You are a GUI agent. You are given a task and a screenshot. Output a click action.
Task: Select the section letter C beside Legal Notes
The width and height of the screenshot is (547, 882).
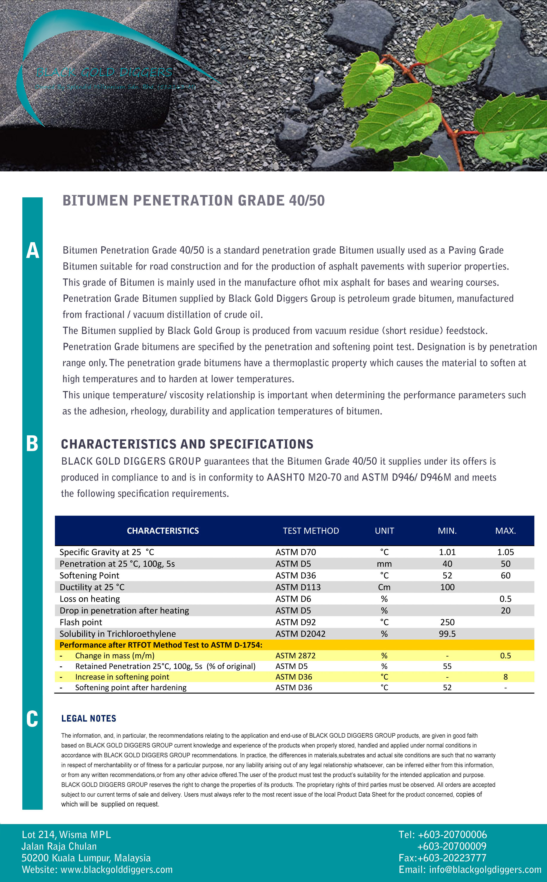pos(32,719)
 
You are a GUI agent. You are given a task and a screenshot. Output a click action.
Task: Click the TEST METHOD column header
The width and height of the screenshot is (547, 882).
pos(311,531)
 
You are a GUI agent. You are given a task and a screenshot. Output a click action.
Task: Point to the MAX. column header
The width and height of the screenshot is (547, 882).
pos(505,531)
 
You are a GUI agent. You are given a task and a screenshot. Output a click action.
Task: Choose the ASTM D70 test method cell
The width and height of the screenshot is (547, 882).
pos(296,552)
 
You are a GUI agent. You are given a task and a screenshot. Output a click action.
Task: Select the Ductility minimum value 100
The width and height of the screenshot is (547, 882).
pos(447,587)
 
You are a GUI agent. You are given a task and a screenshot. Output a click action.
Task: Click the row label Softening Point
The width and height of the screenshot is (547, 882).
pos(89,575)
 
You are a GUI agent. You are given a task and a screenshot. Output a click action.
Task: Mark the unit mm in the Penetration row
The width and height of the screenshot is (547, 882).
pos(384,564)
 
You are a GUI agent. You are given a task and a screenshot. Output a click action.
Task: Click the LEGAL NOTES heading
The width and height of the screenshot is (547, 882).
pos(89,719)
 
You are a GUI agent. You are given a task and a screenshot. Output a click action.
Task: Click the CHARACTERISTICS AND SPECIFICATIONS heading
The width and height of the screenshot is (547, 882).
pos(187,444)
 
